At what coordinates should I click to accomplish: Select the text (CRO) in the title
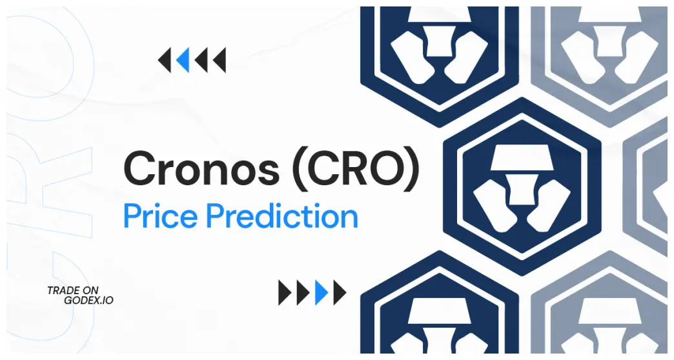[x=356, y=170]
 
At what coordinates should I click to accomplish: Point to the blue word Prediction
[x=282, y=216]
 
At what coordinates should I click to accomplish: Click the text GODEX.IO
[x=88, y=301]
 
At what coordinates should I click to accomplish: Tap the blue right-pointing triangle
[x=321, y=292]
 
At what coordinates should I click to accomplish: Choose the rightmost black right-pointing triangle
[x=339, y=292]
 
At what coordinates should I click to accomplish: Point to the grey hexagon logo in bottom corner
[x=600, y=316]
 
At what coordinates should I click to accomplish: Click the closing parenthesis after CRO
[x=411, y=170]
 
